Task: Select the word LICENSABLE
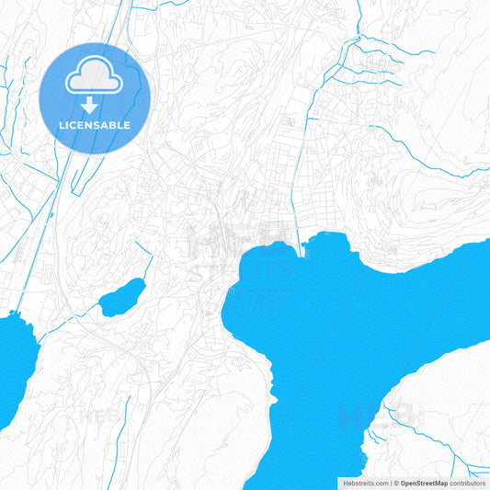coord(96,125)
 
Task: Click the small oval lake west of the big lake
coord(122,297)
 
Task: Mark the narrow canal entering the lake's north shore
coord(300,246)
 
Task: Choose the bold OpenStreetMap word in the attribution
coord(424,483)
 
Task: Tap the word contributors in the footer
coord(467,483)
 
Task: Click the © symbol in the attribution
coord(395,483)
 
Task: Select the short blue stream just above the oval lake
coord(143,250)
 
